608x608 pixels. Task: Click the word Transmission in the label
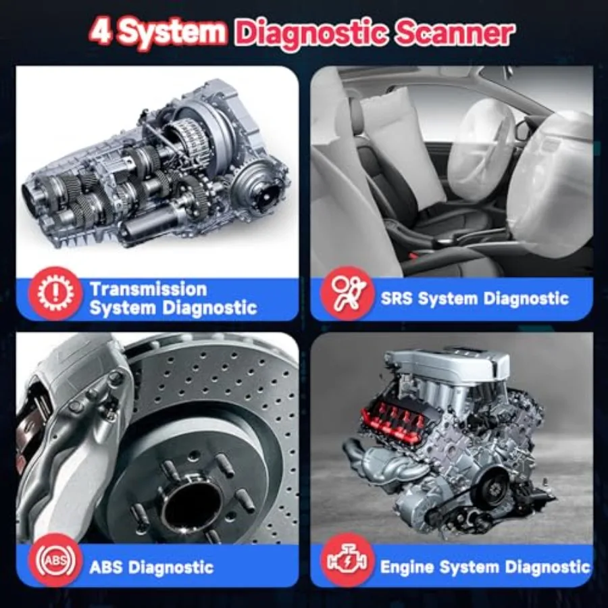click(x=149, y=288)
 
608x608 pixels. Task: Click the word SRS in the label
click(x=399, y=298)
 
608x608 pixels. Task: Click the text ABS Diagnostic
click(x=151, y=566)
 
